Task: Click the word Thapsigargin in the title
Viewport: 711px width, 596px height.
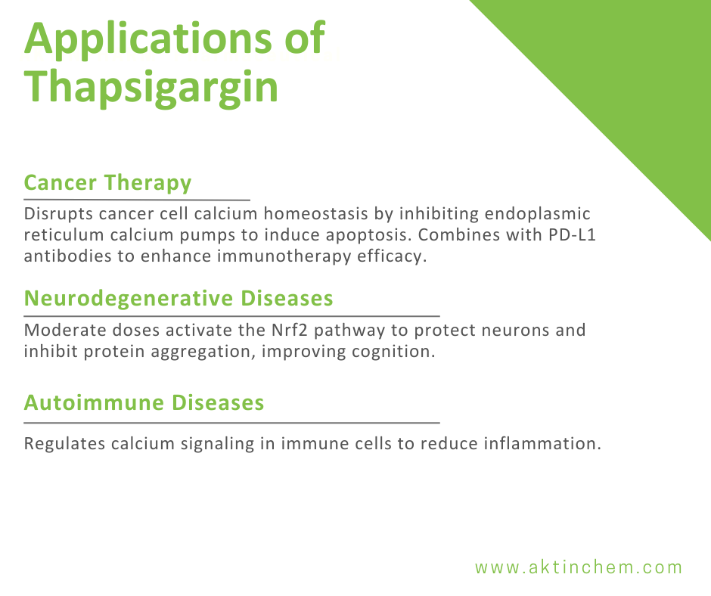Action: tap(151, 87)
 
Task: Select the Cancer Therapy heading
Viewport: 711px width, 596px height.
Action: tap(107, 182)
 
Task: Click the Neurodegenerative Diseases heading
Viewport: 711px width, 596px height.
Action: tap(179, 298)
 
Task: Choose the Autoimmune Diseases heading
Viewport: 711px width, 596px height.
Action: tap(144, 402)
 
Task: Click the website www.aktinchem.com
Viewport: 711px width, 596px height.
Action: tap(579, 567)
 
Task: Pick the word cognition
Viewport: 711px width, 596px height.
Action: tap(401, 352)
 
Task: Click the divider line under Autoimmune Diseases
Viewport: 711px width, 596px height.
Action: tap(231, 423)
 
